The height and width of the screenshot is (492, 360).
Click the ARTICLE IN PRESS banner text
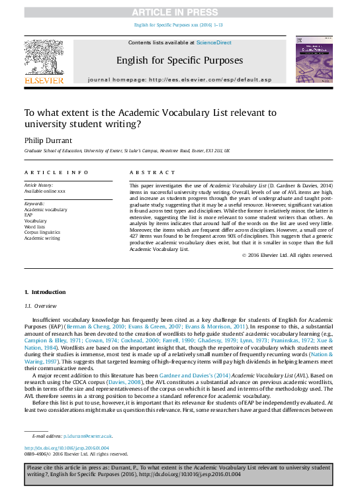[179, 12]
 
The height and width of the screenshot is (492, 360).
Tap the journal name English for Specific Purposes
[179, 60]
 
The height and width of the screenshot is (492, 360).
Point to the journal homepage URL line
[179, 79]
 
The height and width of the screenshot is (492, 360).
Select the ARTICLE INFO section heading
[56, 172]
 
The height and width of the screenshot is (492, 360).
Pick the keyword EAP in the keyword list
[28, 215]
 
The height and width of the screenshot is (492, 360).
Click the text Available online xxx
[45, 191]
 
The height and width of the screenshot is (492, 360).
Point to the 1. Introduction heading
[45, 292]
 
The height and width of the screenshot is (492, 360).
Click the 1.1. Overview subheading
[40, 306]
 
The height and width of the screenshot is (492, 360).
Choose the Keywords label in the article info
[35, 203]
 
